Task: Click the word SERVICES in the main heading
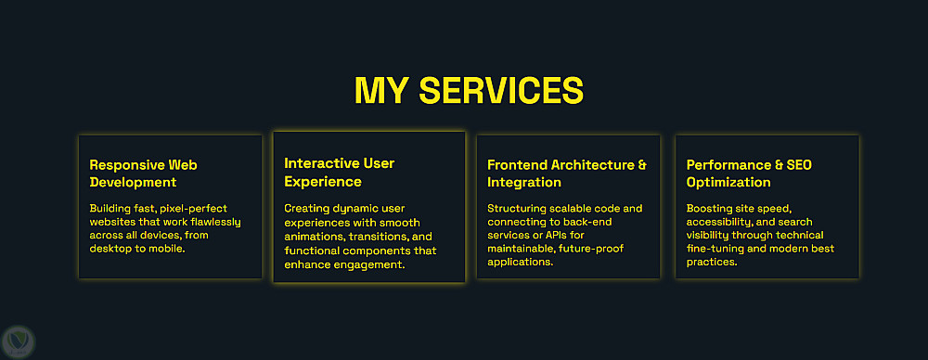coord(501,91)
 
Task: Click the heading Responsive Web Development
coord(143,173)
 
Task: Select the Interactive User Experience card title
coord(339,172)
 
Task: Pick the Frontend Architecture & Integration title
coord(567,173)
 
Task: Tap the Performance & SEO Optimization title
coord(749,173)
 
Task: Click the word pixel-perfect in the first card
coord(194,209)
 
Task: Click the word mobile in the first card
coord(168,249)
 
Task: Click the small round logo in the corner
coord(19,342)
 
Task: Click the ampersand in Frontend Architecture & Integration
coord(642,164)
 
